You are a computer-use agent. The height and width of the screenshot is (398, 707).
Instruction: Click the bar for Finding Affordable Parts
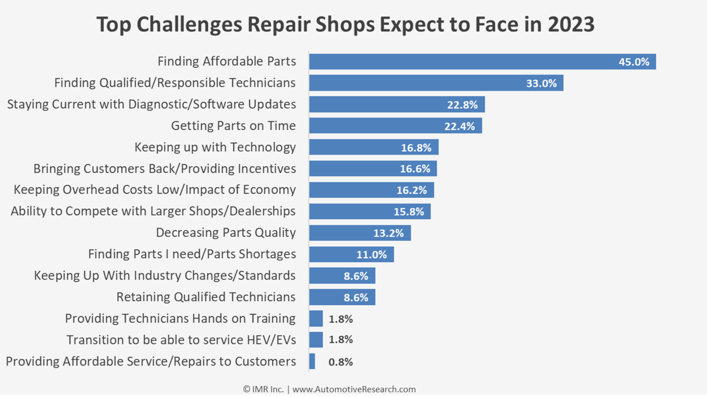pyautogui.click(x=460, y=62)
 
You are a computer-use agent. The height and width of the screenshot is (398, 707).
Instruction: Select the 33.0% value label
pyautogui.click(x=541, y=83)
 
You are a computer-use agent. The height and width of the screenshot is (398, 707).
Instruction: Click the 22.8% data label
pyautogui.click(x=462, y=105)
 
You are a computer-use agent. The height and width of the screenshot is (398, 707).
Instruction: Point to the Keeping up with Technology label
pyautogui.click(x=215, y=147)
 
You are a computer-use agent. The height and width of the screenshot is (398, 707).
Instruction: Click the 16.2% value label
pyautogui.click(x=411, y=190)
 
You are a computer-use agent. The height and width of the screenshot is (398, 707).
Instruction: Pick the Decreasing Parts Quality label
pyautogui.click(x=226, y=233)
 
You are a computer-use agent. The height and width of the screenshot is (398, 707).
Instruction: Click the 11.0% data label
pyautogui.click(x=371, y=255)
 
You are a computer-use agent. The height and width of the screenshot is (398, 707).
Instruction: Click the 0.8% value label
pyautogui.click(x=340, y=362)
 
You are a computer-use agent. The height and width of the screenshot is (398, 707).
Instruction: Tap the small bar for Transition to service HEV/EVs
pyautogui.click(x=316, y=340)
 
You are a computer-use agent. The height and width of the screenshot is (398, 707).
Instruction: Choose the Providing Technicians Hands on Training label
pyautogui.click(x=180, y=318)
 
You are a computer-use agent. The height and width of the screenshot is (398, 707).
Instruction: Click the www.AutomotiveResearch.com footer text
pyautogui.click(x=354, y=389)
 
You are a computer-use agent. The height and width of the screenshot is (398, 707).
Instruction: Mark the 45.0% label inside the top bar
pyautogui.click(x=634, y=62)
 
